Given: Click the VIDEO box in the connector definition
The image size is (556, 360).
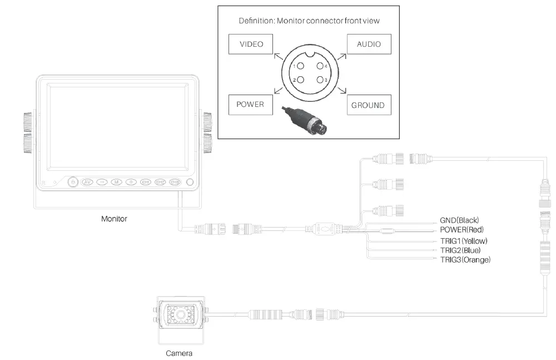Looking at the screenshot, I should click(x=251, y=44).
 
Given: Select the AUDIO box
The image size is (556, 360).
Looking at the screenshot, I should click(x=369, y=44).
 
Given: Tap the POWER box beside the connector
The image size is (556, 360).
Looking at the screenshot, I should click(x=250, y=104).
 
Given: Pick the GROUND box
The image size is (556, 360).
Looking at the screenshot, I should click(x=368, y=105).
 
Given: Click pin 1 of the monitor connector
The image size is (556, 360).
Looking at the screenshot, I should click(x=300, y=67).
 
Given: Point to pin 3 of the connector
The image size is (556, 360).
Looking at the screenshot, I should click(x=320, y=80).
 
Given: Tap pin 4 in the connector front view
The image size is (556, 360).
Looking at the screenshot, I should click(x=320, y=67).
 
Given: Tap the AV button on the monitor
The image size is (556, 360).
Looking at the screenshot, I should click(x=87, y=181).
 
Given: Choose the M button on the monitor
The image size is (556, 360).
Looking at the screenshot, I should click(x=116, y=181).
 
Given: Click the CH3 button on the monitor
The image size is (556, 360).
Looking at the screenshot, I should click(x=175, y=181).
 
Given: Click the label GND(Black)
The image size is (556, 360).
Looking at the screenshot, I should click(x=459, y=220).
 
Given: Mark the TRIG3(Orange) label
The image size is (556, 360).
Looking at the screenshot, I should click(x=465, y=260).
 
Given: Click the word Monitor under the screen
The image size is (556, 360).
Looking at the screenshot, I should click(x=114, y=219).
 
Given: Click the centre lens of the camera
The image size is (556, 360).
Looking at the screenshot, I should click(x=181, y=316).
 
